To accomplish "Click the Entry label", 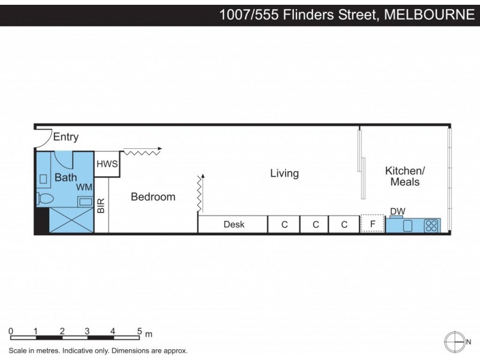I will click(66, 137).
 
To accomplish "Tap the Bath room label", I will click(65, 178).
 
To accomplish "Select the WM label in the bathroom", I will click(83, 187).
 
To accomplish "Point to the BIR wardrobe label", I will click(101, 206).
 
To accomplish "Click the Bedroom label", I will click(153, 197).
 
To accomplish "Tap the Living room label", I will click(284, 173).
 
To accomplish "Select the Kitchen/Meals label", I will click(405, 176).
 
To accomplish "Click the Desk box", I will click(233, 224).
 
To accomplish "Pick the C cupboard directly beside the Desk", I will click(284, 224).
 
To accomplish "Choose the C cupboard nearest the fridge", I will click(344, 224).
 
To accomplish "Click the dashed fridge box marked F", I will click(372, 224).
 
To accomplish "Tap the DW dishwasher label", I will click(397, 211).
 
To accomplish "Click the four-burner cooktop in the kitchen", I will click(431, 226).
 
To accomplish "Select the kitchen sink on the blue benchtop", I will click(409, 226).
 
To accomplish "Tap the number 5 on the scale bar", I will click(139, 331).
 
